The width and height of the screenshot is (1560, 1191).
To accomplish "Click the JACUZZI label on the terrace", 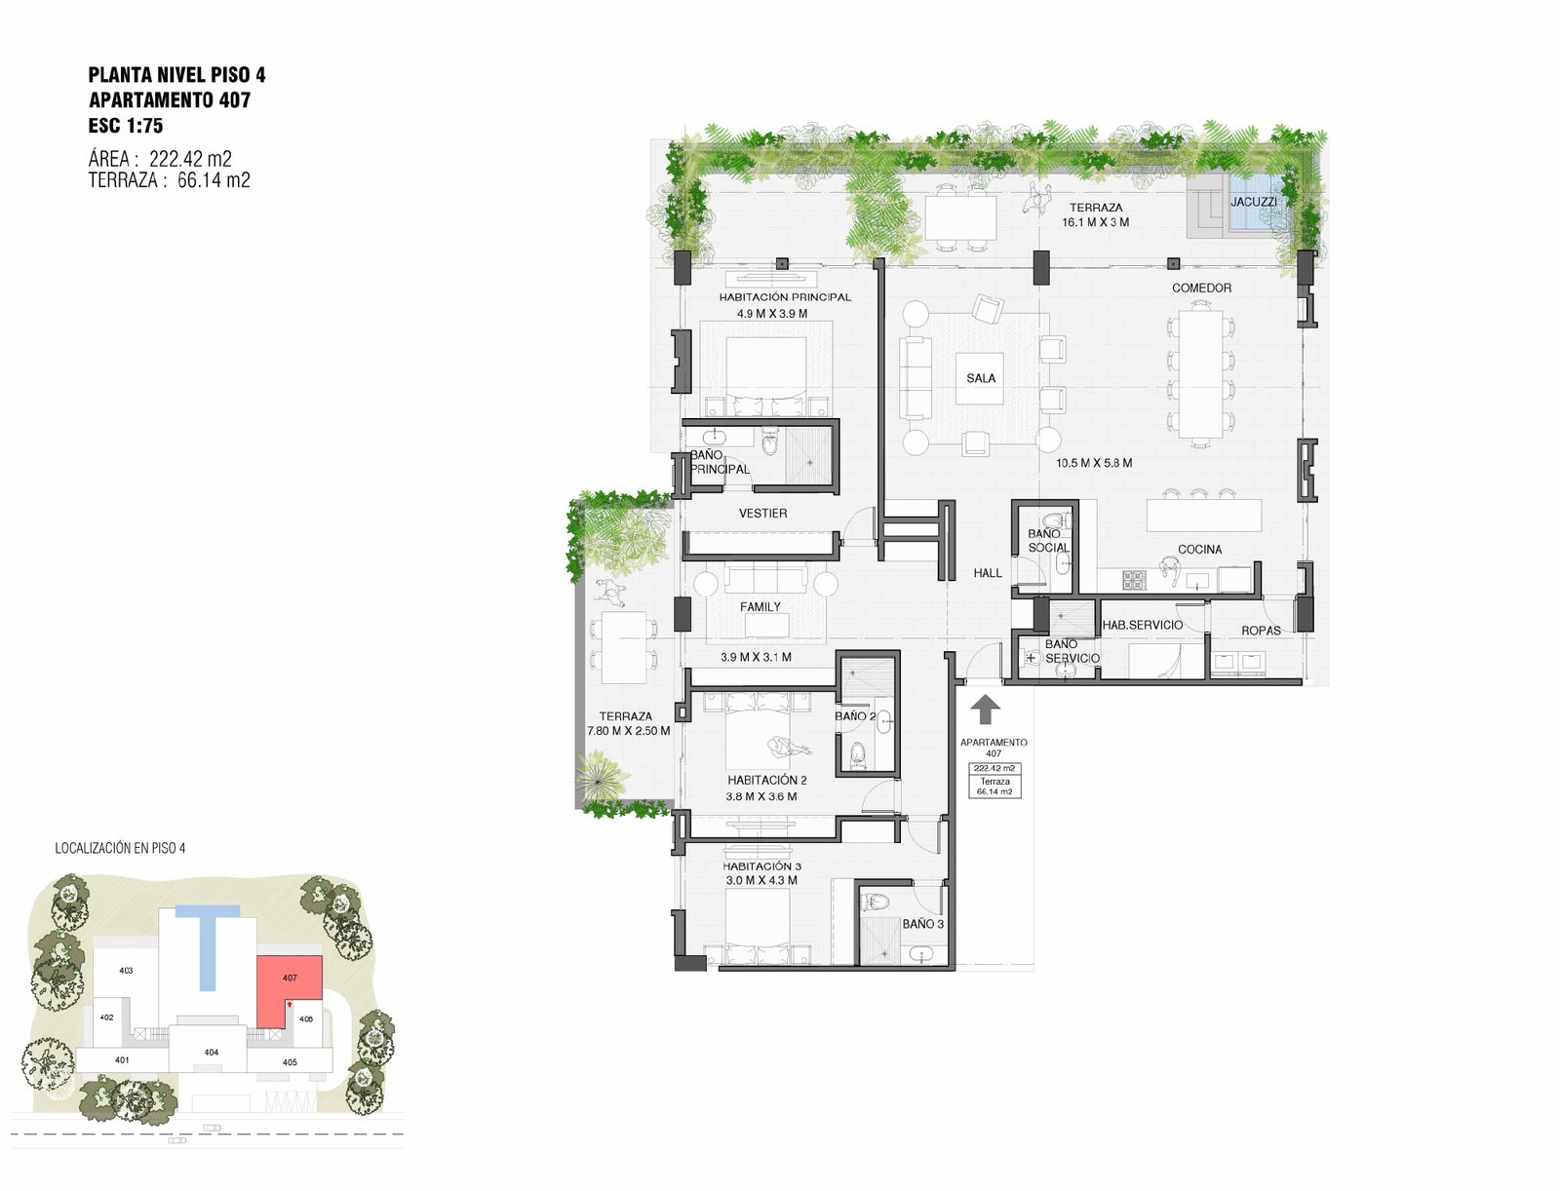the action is [1253, 202].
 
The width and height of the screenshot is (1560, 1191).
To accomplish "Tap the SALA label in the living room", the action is [981, 378].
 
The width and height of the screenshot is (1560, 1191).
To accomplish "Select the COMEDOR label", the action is [1201, 288].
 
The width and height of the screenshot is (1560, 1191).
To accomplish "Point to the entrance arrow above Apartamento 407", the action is [985, 709].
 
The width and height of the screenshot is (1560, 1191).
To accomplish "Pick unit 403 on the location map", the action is [126, 970].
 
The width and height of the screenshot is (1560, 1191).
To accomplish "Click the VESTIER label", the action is [762, 513].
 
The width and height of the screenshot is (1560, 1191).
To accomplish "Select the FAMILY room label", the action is [760, 606].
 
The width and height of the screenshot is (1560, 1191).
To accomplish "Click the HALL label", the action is [987, 572].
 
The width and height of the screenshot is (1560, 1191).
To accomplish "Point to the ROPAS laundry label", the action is [1261, 630].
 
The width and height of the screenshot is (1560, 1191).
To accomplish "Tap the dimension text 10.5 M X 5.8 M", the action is [1094, 463].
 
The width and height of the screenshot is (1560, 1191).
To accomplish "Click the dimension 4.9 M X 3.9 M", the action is [772, 313].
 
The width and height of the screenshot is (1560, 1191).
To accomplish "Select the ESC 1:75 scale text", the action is [126, 126].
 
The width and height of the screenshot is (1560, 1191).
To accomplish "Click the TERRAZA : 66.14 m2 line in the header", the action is [169, 179].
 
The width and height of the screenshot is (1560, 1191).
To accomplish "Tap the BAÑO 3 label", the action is [922, 924].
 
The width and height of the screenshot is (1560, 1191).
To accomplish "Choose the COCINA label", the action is [1199, 549].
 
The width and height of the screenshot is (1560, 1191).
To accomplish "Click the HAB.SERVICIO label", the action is [1142, 625].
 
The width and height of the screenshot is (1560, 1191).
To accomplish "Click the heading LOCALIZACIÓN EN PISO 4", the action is [120, 848].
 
